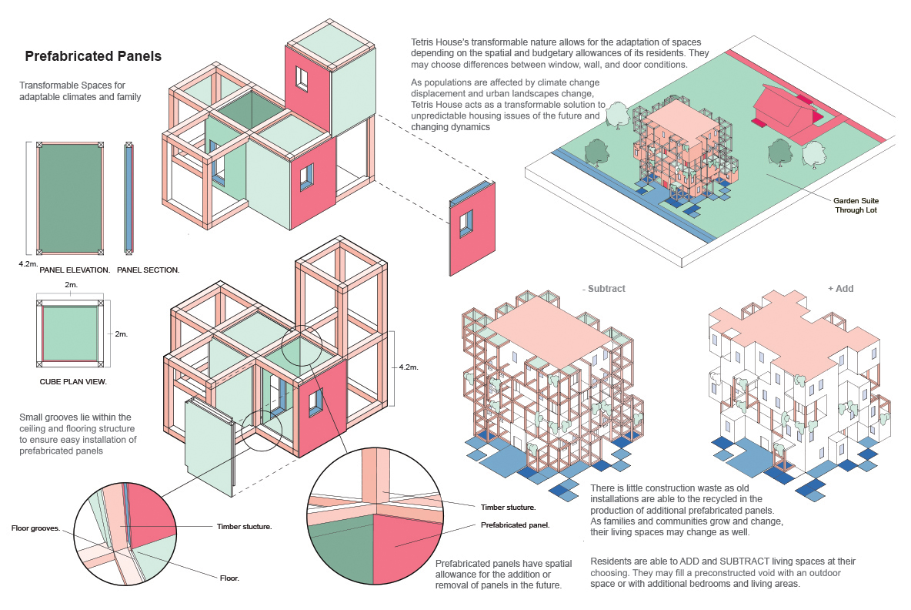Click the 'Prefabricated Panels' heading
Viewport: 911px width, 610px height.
pos(92,56)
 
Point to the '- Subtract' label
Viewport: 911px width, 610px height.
pos(604,289)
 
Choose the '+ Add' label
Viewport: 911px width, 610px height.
pos(840,289)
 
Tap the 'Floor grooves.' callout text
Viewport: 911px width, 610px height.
pos(36,528)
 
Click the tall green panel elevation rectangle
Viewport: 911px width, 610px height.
pos(70,198)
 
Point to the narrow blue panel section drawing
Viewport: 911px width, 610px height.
pos(128,198)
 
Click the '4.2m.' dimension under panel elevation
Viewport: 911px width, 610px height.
pos(29,263)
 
